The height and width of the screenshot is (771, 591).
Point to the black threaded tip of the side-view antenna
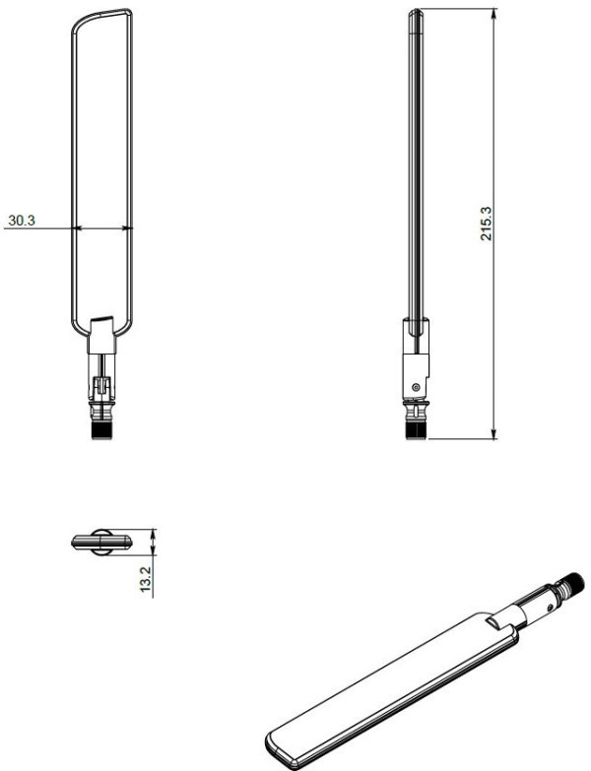point(416,428)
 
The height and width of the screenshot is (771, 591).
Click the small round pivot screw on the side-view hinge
point(417,386)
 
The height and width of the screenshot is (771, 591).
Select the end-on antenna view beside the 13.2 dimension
point(100,541)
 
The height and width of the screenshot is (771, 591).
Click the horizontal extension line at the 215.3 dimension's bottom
point(463,439)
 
